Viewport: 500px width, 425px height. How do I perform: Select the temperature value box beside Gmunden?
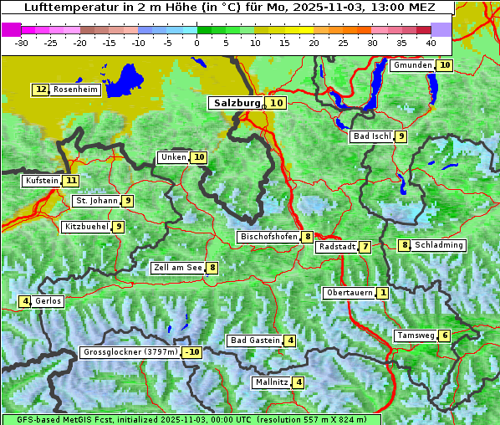click(x=445, y=65)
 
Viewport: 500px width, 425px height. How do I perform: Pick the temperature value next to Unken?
click(x=198, y=157)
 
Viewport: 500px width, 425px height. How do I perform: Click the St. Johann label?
click(x=96, y=201)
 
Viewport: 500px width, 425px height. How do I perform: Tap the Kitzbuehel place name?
click(x=86, y=227)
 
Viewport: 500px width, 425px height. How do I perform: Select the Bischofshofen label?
click(x=268, y=237)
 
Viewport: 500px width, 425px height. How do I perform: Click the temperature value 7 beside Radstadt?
click(x=365, y=247)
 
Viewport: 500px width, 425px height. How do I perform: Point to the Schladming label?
click(x=439, y=245)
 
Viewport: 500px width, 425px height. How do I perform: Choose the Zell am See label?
click(x=178, y=268)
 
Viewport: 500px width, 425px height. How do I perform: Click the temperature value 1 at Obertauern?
click(x=382, y=293)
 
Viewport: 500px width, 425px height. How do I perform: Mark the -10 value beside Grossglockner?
click(x=192, y=352)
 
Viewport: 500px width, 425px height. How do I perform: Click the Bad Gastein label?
click(x=255, y=341)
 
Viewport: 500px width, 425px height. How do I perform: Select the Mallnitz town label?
click(x=272, y=382)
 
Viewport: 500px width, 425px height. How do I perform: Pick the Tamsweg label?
click(x=416, y=335)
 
